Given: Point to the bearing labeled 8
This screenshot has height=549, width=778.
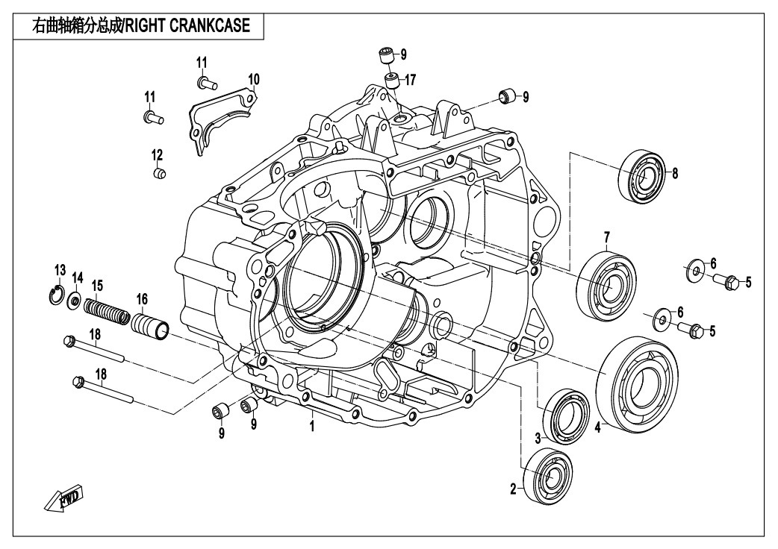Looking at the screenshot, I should click(x=641, y=175).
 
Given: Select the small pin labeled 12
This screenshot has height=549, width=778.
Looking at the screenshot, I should click(x=158, y=174).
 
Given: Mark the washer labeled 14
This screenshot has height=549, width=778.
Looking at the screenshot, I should click(x=75, y=301).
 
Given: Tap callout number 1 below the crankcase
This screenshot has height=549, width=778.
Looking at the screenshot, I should click(x=312, y=425).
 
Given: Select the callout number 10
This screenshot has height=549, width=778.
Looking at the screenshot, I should click(x=254, y=79).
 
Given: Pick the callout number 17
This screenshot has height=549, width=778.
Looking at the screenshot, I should click(x=411, y=78).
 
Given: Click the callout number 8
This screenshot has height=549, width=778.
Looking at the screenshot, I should click(x=675, y=174).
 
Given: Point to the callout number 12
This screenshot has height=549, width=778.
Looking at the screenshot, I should click(x=157, y=155).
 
